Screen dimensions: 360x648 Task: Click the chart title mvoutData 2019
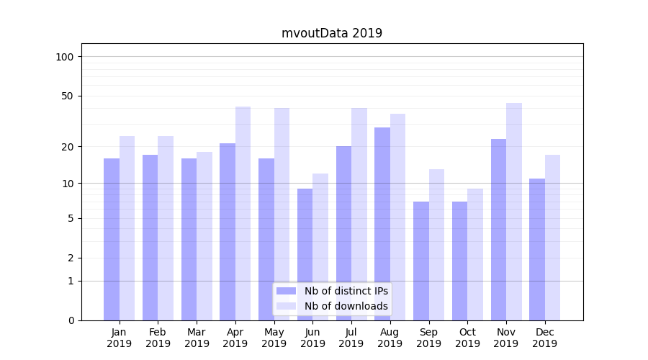331,33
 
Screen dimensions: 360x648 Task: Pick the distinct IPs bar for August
382,223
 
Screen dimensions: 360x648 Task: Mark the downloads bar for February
166,228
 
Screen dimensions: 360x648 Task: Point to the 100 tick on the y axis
65,57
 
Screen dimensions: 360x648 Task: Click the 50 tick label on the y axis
68,96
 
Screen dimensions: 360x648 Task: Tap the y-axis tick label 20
68,147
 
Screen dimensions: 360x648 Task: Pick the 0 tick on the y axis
71,320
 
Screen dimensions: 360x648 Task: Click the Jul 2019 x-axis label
351,338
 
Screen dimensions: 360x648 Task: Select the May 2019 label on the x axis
274,338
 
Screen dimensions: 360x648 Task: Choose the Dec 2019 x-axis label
544,338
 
